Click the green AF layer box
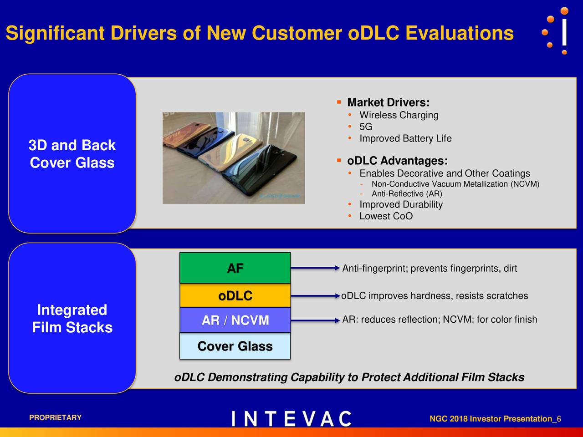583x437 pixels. click(x=235, y=268)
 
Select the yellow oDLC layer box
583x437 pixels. click(x=235, y=296)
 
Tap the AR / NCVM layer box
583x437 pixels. click(x=235, y=320)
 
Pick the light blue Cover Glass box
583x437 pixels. click(x=235, y=346)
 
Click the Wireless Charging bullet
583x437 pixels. click(x=399, y=115)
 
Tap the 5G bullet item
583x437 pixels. click(x=366, y=127)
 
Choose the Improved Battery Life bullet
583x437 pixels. click(x=405, y=138)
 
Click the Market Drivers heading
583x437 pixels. click(x=388, y=102)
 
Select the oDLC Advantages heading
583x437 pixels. click(x=397, y=161)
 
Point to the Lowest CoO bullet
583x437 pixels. click(x=386, y=216)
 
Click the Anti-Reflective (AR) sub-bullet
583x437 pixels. click(x=407, y=194)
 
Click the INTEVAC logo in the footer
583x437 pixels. click(x=291, y=419)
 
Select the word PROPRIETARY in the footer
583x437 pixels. click(x=55, y=418)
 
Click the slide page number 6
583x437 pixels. click(x=558, y=419)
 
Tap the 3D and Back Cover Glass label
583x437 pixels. click(x=72, y=154)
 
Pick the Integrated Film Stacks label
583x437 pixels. click(x=72, y=318)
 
